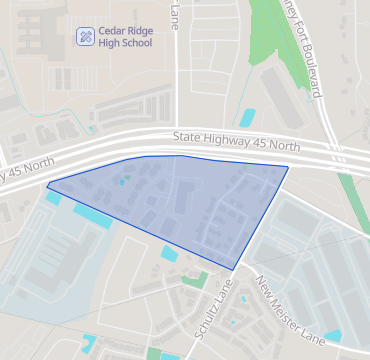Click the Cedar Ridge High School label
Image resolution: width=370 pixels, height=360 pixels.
tap(126, 38)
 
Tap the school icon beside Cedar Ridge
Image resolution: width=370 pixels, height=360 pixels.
tap(86, 37)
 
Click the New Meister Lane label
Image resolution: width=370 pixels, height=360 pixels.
tap(290, 310)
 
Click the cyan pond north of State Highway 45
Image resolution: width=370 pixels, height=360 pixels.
tap(246, 117)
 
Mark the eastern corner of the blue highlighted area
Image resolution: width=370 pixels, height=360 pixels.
tap(288, 167)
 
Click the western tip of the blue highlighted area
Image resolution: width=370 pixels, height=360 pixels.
tap(48, 184)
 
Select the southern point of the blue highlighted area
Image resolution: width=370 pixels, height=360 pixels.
tap(235, 269)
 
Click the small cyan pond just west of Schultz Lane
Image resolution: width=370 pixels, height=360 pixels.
tap(168, 254)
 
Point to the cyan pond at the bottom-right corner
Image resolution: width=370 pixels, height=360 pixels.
tap(332, 336)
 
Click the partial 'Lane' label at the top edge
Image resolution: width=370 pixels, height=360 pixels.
tap(175, 15)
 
